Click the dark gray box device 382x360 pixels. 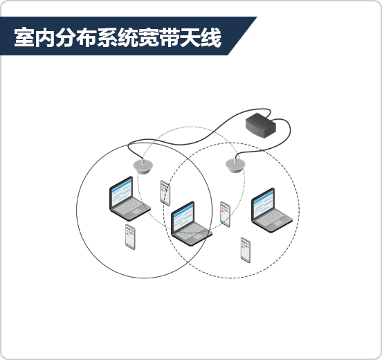pyautogui.click(x=261, y=125)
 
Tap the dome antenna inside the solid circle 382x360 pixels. pyautogui.click(x=143, y=166)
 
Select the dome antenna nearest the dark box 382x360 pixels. pyautogui.click(x=235, y=165)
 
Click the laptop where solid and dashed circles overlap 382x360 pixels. pyautogui.click(x=192, y=224)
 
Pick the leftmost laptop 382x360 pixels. pyautogui.click(x=130, y=199)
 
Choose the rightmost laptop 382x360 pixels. pyautogui.click(x=272, y=210)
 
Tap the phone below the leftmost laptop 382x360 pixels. pyautogui.click(x=130, y=237)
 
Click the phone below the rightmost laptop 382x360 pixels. pyautogui.click(x=246, y=250)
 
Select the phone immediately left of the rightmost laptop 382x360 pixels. pyautogui.click(x=225, y=214)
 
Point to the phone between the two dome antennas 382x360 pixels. pyautogui.click(x=165, y=193)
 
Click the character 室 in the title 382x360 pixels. pyautogui.click(x=24, y=37)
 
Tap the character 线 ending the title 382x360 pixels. pyautogui.click(x=211, y=37)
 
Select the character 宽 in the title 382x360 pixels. pyautogui.click(x=149, y=37)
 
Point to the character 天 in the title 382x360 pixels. pyautogui.click(x=190, y=37)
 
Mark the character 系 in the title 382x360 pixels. pyautogui.click(x=107, y=37)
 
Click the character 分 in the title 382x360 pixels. pyautogui.click(x=66, y=37)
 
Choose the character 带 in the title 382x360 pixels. pyautogui.click(x=170, y=37)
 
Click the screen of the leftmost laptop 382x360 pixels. pyautogui.click(x=122, y=192)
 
